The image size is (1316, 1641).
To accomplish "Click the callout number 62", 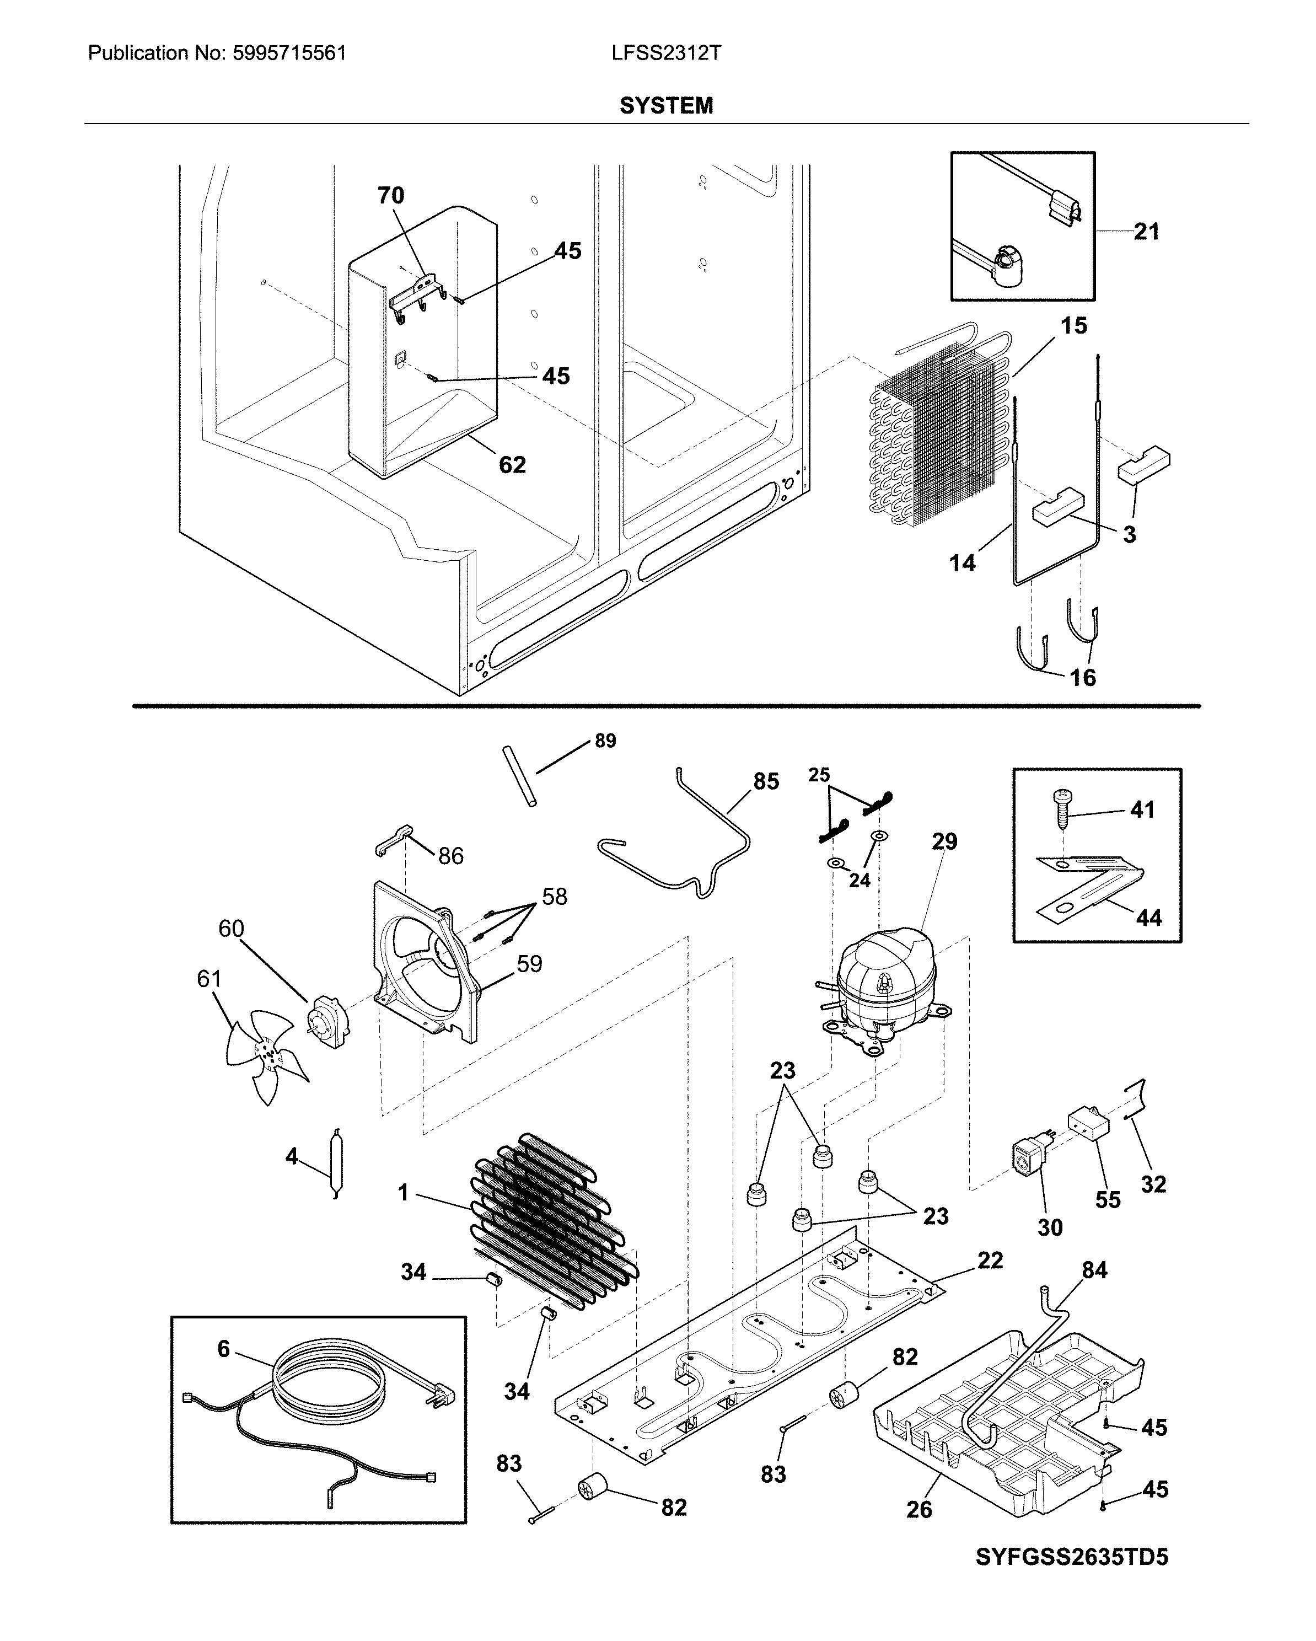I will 512,465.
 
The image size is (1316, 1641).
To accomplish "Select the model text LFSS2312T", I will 666,53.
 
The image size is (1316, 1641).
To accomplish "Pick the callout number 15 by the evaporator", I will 1073,326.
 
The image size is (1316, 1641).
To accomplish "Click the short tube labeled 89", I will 519,776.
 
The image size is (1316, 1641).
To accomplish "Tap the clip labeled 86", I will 394,840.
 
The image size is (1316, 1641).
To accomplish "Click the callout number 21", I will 1146,232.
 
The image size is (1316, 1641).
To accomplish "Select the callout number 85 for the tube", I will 766,782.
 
